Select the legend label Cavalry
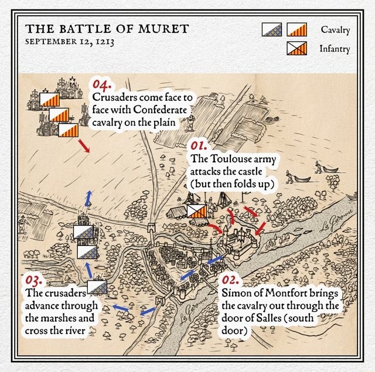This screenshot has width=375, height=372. click(335, 29)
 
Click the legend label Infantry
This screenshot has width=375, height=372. click(335, 49)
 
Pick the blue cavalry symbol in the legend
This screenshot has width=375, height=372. click(271, 29)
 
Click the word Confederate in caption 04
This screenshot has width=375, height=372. click(160, 109)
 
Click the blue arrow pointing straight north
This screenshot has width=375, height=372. click(88, 198)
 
